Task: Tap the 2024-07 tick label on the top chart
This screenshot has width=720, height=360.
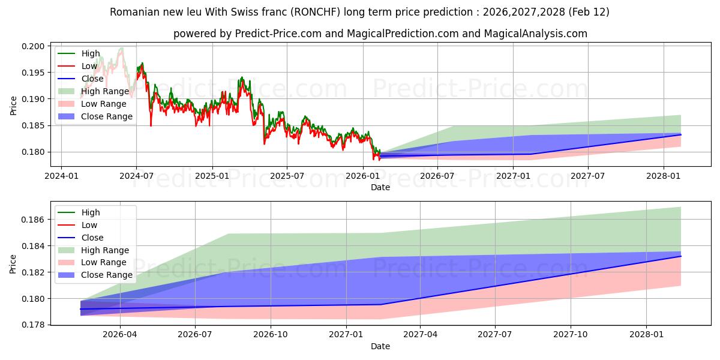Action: point(136,176)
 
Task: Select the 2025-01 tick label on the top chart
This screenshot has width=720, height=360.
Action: point(212,176)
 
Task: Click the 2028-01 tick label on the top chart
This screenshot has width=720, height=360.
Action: point(664,176)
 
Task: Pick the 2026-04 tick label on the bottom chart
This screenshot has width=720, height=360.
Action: point(121,335)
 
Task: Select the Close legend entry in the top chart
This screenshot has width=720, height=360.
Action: point(92,79)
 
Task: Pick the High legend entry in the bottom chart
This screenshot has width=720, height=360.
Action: point(91,212)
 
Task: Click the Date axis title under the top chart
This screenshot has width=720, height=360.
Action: point(380,187)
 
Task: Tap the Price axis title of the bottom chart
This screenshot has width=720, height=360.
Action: point(14,263)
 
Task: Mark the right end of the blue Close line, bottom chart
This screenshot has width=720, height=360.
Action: point(681,256)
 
